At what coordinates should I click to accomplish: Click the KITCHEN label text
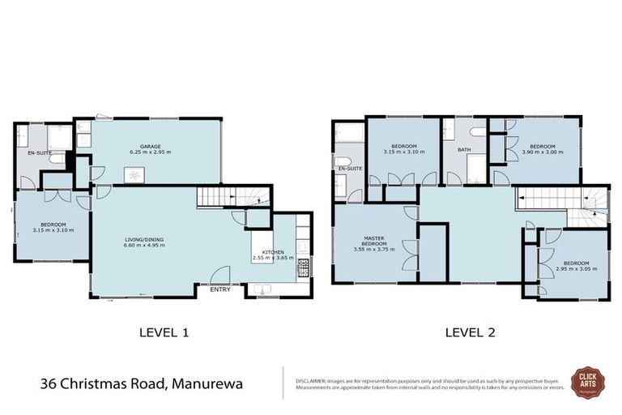pyautogui.click(x=271, y=252)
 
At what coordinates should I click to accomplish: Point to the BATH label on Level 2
pyautogui.click(x=464, y=149)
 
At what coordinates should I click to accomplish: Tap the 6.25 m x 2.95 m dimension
pyautogui.click(x=150, y=152)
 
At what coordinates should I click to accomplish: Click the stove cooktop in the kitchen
pyautogui.click(x=303, y=267)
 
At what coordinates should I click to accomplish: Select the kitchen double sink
pyautogui.click(x=262, y=289)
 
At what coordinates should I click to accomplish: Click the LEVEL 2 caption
pyautogui.click(x=470, y=332)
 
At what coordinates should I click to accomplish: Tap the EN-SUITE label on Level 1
pyautogui.click(x=38, y=152)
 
